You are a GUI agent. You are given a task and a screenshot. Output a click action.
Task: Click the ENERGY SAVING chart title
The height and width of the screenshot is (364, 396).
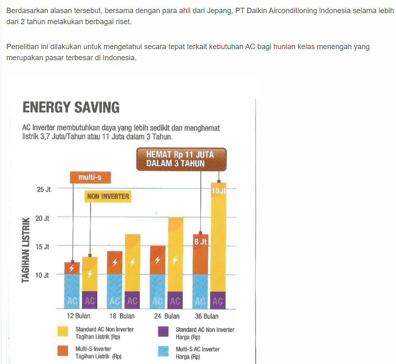coord(71,108)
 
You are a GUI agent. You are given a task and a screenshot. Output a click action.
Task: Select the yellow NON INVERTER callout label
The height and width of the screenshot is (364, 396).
coord(108,197)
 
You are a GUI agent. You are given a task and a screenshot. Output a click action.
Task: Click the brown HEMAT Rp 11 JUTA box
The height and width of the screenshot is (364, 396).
coord(181,159)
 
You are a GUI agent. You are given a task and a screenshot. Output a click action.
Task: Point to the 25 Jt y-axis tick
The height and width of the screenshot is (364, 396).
coord(44,190)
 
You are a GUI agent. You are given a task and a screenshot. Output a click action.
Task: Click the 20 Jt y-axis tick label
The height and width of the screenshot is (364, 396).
coord(43,218)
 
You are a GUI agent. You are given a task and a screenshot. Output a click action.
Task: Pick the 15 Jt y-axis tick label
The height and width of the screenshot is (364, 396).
coord(43,246)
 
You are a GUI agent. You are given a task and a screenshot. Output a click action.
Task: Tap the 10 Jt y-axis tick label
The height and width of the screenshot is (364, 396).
coord(43,275)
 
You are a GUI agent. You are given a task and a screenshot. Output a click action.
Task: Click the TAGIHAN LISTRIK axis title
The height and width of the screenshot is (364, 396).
coord(26,249)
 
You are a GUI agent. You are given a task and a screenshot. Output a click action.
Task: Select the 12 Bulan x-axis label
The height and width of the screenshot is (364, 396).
coord(78,316)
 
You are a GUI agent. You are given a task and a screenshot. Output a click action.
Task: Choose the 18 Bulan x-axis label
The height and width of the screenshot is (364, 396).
coord(122,316)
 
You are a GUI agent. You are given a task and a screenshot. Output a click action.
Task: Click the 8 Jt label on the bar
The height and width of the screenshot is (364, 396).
coord(200,242)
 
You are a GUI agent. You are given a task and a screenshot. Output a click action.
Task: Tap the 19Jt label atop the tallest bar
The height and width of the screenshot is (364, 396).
coord(218,191)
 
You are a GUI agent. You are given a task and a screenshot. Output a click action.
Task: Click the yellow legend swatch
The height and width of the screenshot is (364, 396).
coord(63,332)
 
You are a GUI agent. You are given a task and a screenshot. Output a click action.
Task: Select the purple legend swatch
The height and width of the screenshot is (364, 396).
coord(163,332)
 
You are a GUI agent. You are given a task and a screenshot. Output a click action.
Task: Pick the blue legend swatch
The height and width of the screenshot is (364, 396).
coord(163,352)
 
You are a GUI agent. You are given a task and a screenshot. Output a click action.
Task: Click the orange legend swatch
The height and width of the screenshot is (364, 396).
coord(63,352)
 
